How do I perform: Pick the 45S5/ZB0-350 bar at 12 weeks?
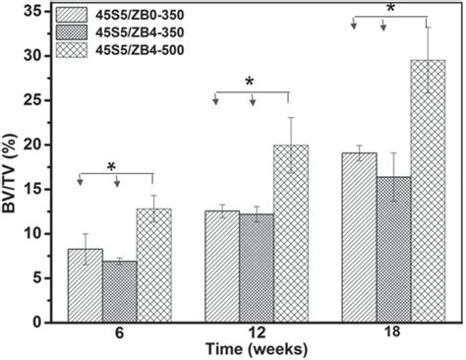[x=221, y=267]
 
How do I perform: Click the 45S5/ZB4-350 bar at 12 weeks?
[x=256, y=269]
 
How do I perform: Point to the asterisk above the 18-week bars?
[x=390, y=8]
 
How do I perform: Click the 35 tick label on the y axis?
[x=34, y=12]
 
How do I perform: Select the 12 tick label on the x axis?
[x=256, y=335]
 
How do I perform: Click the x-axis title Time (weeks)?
[x=255, y=350]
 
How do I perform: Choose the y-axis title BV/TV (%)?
[x=11, y=167]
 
